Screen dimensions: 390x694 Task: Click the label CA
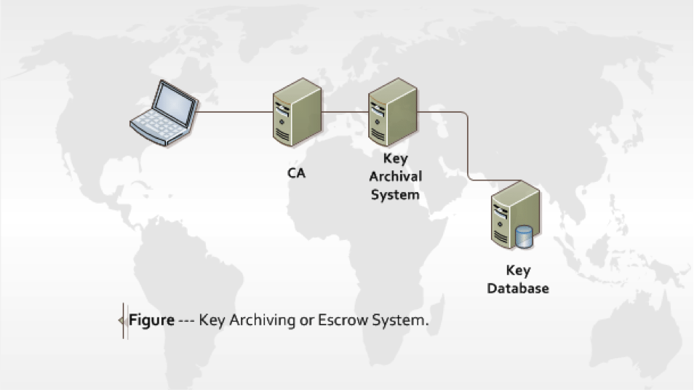296,174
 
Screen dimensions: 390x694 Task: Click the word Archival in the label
395,176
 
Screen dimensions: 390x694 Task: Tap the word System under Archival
395,194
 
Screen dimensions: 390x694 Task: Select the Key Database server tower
516,216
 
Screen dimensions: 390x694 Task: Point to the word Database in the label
518,288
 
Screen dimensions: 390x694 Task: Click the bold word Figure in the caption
151,320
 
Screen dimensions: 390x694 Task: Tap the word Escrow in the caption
342,320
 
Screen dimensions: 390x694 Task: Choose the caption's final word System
396,320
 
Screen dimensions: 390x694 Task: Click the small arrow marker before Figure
121,321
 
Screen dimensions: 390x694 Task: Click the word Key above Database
518,271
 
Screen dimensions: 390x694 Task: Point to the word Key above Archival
395,158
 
